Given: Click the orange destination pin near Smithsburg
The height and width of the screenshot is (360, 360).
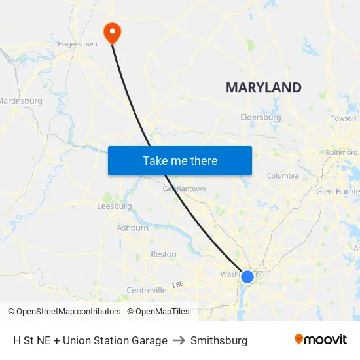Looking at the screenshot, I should tap(112, 31).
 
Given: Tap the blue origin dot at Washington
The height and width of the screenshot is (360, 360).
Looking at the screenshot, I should tap(247, 277).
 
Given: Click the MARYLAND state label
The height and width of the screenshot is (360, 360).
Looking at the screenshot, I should tap(263, 88).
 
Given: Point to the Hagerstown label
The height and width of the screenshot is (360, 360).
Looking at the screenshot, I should tap(78, 45).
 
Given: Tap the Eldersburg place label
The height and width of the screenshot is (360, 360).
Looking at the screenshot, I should tap(261, 118).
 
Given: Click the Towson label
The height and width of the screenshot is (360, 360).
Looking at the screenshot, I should tap(344, 118).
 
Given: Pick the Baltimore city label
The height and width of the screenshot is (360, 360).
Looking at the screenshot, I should tap(342, 153).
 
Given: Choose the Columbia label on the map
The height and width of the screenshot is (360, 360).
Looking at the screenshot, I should tap(282, 175).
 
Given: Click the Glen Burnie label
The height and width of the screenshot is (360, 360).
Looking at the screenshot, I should tap(337, 192).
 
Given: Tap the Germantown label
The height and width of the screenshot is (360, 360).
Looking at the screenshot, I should tap(184, 189).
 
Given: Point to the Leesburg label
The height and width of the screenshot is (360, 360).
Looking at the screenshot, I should tap(114, 206).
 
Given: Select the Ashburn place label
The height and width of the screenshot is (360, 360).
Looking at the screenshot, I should tap(132, 228).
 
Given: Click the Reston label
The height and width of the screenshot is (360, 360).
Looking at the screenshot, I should tap(164, 254).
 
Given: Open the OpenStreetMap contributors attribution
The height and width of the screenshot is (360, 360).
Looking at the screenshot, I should tap(64, 312).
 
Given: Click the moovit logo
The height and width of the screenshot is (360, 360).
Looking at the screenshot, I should tap(320, 340).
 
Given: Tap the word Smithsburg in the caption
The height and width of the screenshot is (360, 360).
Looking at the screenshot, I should tap(219, 340).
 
